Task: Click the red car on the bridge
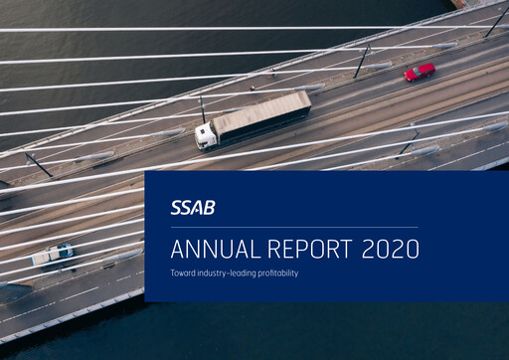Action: pyautogui.click(x=420, y=71)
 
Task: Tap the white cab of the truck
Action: pyautogui.click(x=206, y=136)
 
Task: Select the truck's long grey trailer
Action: pyautogui.click(x=261, y=115)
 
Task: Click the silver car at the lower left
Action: pyautogui.click(x=52, y=255)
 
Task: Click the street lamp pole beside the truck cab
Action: pyautogui.click(x=202, y=108)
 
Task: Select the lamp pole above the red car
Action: pyautogui.click(x=361, y=62)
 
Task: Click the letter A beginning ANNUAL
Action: pyautogui.click(x=177, y=249)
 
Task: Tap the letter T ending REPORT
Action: pyautogui.click(x=348, y=249)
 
